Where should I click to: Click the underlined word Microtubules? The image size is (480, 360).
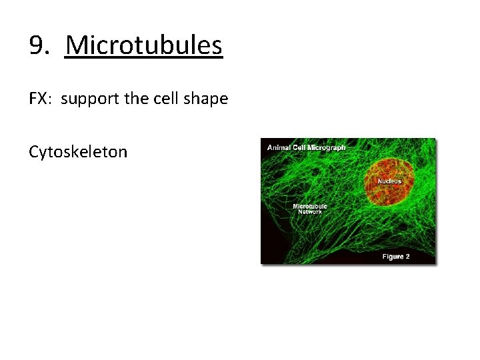144,45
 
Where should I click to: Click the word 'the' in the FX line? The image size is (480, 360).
137,99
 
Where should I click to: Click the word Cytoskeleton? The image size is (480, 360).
77,153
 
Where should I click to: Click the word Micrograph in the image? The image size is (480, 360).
326,147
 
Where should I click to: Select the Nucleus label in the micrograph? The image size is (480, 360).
389,181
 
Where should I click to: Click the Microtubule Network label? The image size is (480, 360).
310,209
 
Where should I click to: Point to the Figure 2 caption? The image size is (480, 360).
395,257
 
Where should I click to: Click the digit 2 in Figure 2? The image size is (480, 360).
407,257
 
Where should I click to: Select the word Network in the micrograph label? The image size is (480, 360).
310,212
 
